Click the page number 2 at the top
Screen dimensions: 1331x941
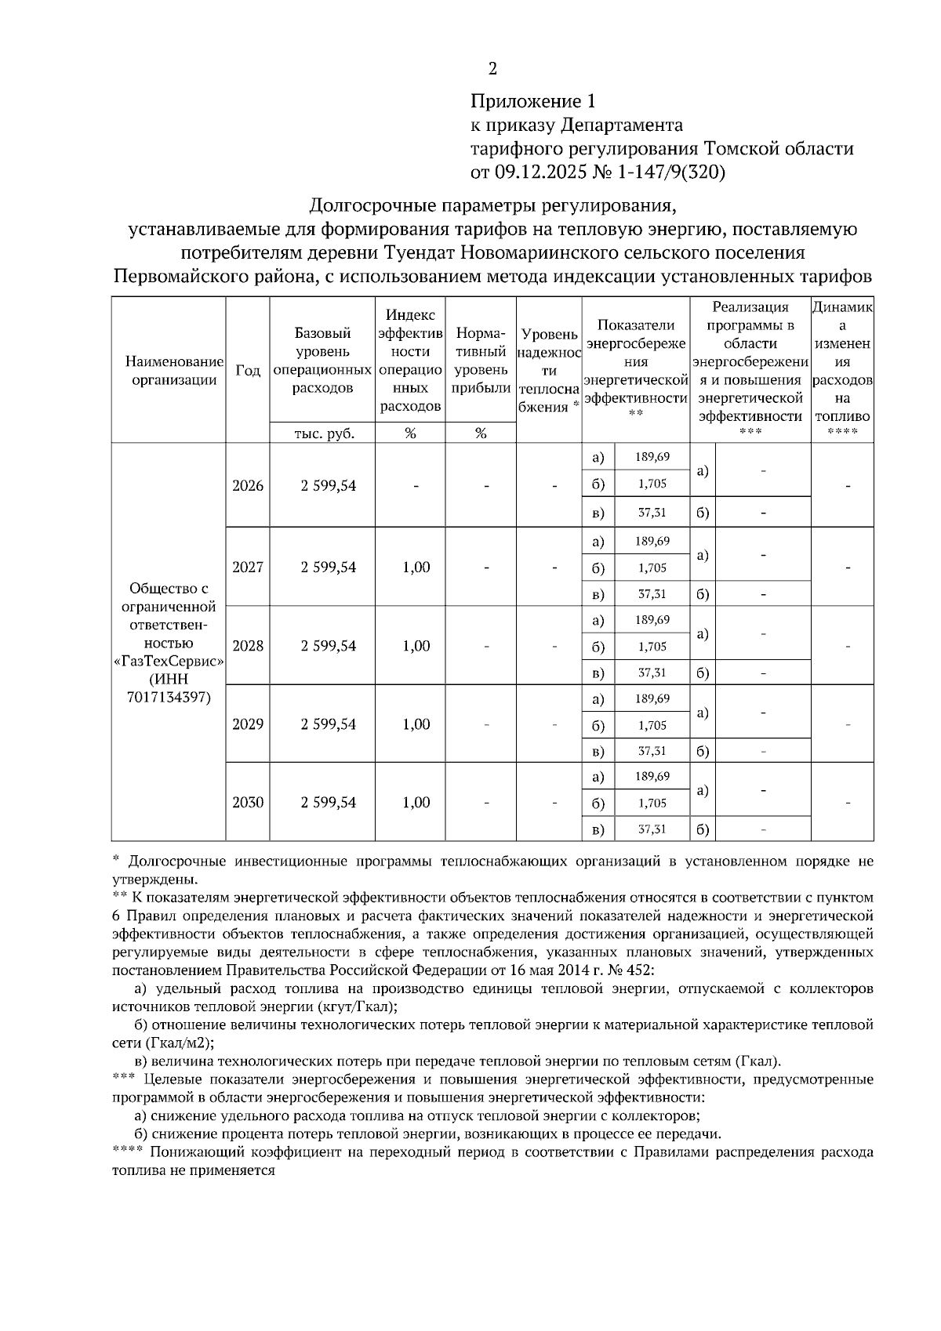492,69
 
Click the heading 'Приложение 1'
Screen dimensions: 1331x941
532,101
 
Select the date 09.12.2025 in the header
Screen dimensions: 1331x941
538,172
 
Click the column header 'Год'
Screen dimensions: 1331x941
248,371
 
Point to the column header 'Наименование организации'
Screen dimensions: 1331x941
174,371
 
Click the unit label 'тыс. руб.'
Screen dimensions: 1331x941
323,433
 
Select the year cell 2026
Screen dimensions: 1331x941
248,485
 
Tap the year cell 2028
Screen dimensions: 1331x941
248,646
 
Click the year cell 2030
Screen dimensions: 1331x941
248,802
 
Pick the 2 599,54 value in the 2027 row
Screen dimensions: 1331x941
328,567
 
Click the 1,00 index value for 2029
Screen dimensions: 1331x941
416,724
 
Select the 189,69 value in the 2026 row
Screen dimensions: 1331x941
652,457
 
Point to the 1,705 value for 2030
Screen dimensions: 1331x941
652,803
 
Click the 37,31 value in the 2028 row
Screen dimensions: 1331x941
652,673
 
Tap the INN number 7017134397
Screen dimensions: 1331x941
169,697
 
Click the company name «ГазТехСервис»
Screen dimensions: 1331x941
169,661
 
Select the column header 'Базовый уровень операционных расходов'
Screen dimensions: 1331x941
323,360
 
